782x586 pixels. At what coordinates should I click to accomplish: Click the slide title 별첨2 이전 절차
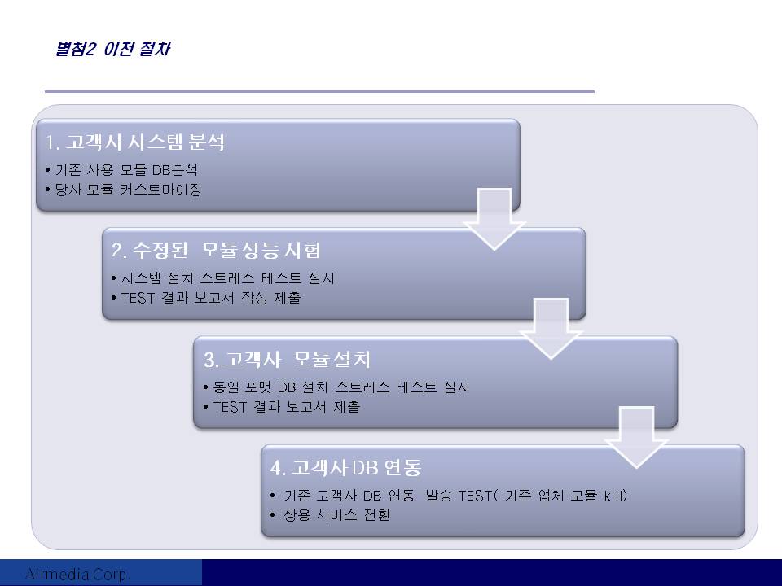112,49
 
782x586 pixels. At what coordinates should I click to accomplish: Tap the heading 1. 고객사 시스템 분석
135,142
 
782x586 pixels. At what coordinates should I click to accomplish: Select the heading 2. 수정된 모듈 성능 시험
216,250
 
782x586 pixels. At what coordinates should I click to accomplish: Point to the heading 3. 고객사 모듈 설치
287,359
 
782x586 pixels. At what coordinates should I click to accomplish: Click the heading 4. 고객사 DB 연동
345,467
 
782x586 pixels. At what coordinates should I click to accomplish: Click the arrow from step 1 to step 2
494,219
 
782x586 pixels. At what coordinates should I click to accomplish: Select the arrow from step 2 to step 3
551,328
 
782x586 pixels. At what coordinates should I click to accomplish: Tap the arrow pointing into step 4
636,437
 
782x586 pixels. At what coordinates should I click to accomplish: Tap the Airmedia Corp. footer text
78,574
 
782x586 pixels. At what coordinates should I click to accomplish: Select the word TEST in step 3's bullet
230,407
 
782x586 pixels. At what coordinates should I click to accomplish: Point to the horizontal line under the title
319,92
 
